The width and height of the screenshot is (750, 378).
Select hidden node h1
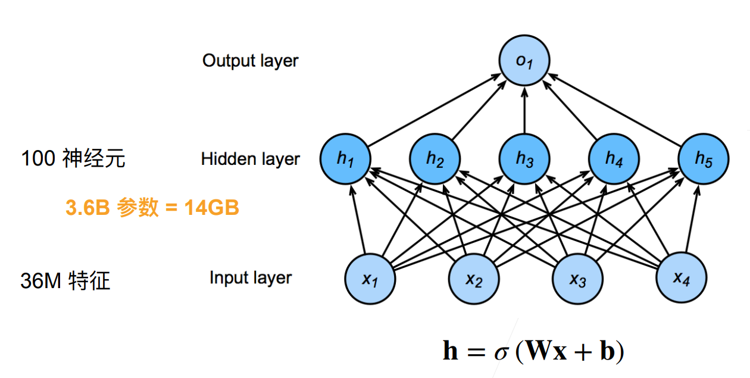(345, 160)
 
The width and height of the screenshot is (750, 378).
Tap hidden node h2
(435, 160)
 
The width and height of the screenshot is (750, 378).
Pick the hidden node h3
(524, 160)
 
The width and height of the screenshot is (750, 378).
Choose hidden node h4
(614, 160)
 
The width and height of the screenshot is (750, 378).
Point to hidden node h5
(704, 160)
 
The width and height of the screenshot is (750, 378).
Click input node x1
(370, 278)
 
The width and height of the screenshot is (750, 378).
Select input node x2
(473, 278)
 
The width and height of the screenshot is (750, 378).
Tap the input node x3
(577, 278)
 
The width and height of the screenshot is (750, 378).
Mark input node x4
(681, 278)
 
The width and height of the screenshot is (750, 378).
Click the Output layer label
(250, 61)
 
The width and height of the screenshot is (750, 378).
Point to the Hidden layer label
(250, 160)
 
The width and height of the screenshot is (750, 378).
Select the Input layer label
(251, 278)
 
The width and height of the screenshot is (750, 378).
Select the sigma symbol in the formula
(502, 352)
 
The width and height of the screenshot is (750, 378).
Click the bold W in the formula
(537, 351)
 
